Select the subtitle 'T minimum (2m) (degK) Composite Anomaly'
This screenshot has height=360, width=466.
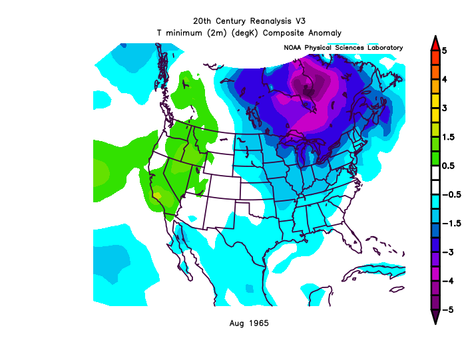[x=249, y=32]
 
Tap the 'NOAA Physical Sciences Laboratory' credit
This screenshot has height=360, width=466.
[x=344, y=48]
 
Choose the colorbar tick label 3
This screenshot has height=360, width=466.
[x=453, y=107]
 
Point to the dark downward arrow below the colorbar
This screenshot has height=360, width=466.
[x=434, y=317]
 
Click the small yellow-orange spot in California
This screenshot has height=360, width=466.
[x=157, y=195]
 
